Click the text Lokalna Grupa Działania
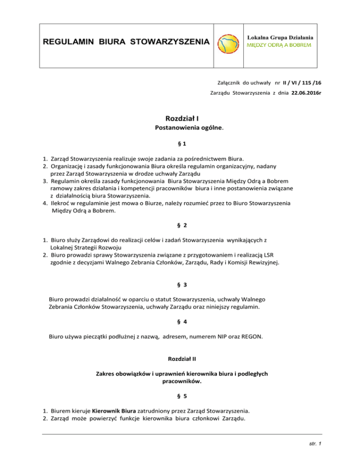coord(280,37)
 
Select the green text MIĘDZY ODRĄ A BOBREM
coord(280,46)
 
